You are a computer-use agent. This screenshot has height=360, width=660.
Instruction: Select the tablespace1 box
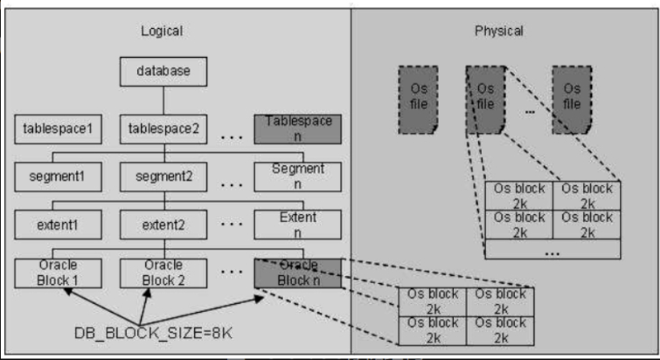click(57, 128)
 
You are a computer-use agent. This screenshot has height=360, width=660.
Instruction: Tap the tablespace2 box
click(164, 128)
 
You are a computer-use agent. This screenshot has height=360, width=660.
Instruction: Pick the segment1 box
click(57, 177)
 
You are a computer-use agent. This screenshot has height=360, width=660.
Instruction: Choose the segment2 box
click(164, 177)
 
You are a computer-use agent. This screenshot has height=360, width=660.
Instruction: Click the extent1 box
click(57, 225)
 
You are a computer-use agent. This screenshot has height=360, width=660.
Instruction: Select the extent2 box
click(164, 225)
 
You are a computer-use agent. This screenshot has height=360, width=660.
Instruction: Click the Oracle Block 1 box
click(57, 272)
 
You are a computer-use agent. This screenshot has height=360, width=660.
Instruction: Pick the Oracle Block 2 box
click(164, 272)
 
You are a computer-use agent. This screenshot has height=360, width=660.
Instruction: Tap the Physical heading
click(499, 31)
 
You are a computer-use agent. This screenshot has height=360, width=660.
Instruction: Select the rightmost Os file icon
click(572, 98)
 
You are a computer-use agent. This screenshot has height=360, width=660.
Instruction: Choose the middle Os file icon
click(486, 98)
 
